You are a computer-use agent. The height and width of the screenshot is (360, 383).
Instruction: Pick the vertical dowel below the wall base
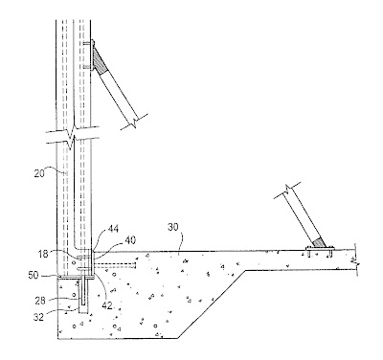[x=83, y=292]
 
